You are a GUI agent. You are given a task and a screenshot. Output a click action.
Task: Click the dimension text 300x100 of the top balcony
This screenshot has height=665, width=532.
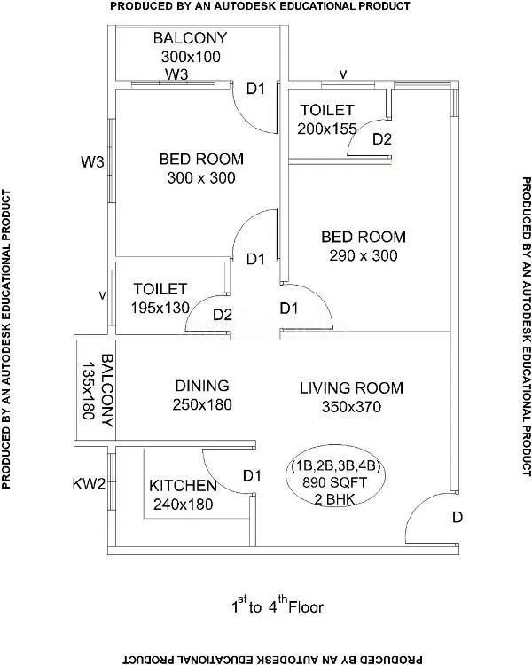(191, 56)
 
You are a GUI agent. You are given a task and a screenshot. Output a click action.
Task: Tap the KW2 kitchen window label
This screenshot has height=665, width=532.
(89, 483)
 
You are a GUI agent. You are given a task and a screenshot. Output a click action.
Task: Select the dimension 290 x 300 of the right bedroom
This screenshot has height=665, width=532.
(363, 255)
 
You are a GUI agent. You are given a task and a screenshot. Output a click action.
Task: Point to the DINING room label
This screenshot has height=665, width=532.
(201, 386)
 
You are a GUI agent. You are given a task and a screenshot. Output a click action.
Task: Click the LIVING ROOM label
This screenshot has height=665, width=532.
(351, 387)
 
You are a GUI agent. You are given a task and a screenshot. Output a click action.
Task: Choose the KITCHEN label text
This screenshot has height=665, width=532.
(182, 486)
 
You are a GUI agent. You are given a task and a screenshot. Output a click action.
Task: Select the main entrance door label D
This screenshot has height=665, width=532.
(458, 517)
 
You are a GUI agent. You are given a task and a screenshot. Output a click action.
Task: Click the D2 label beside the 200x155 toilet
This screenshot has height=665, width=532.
(382, 139)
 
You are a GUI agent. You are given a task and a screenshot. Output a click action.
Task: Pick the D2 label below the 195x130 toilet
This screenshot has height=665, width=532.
(222, 314)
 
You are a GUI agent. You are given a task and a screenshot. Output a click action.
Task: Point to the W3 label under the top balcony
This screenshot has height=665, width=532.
(177, 74)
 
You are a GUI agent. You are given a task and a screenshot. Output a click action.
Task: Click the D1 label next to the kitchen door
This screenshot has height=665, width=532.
(253, 476)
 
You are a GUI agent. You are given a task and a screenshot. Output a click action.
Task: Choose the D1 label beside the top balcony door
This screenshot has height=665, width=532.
(256, 89)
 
